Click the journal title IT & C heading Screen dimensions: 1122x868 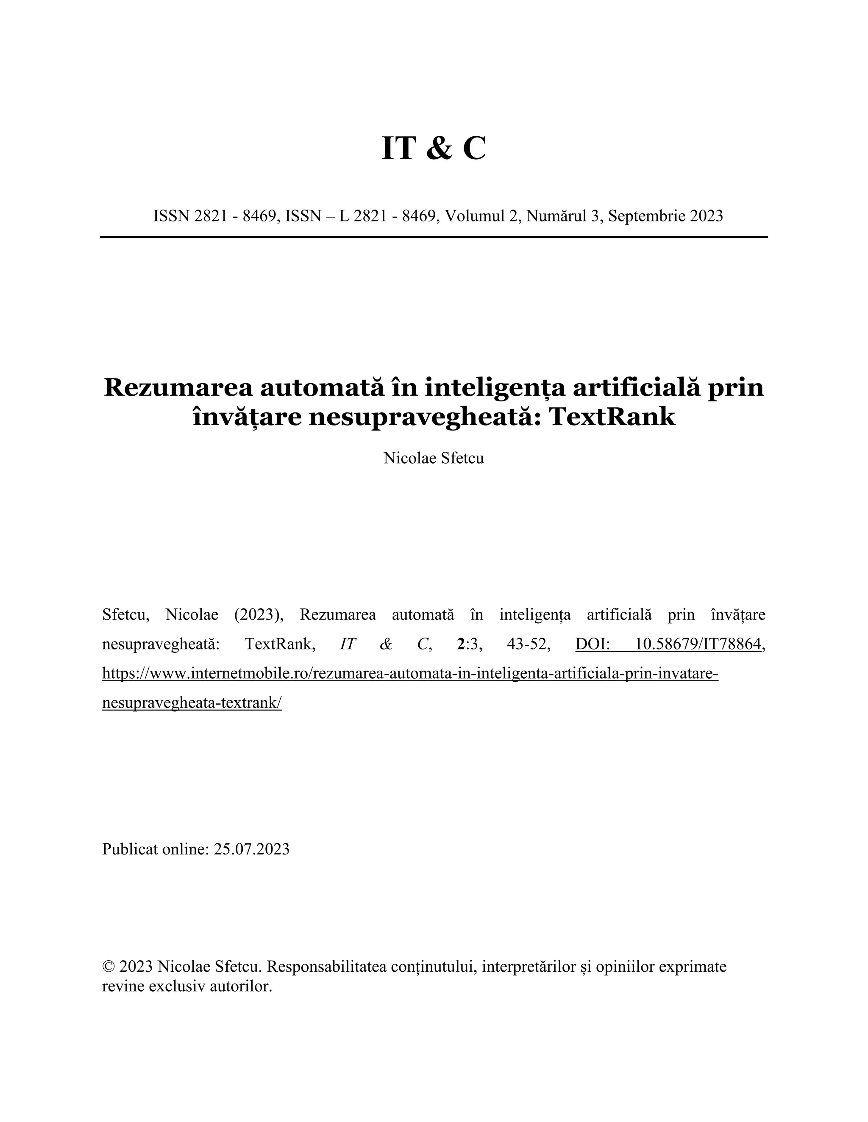(x=434, y=149)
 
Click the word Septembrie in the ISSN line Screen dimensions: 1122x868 (x=646, y=216)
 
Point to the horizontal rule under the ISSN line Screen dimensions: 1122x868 (x=434, y=237)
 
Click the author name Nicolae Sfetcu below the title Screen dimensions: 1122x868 (x=434, y=458)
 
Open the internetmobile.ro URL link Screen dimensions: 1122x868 (x=410, y=673)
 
